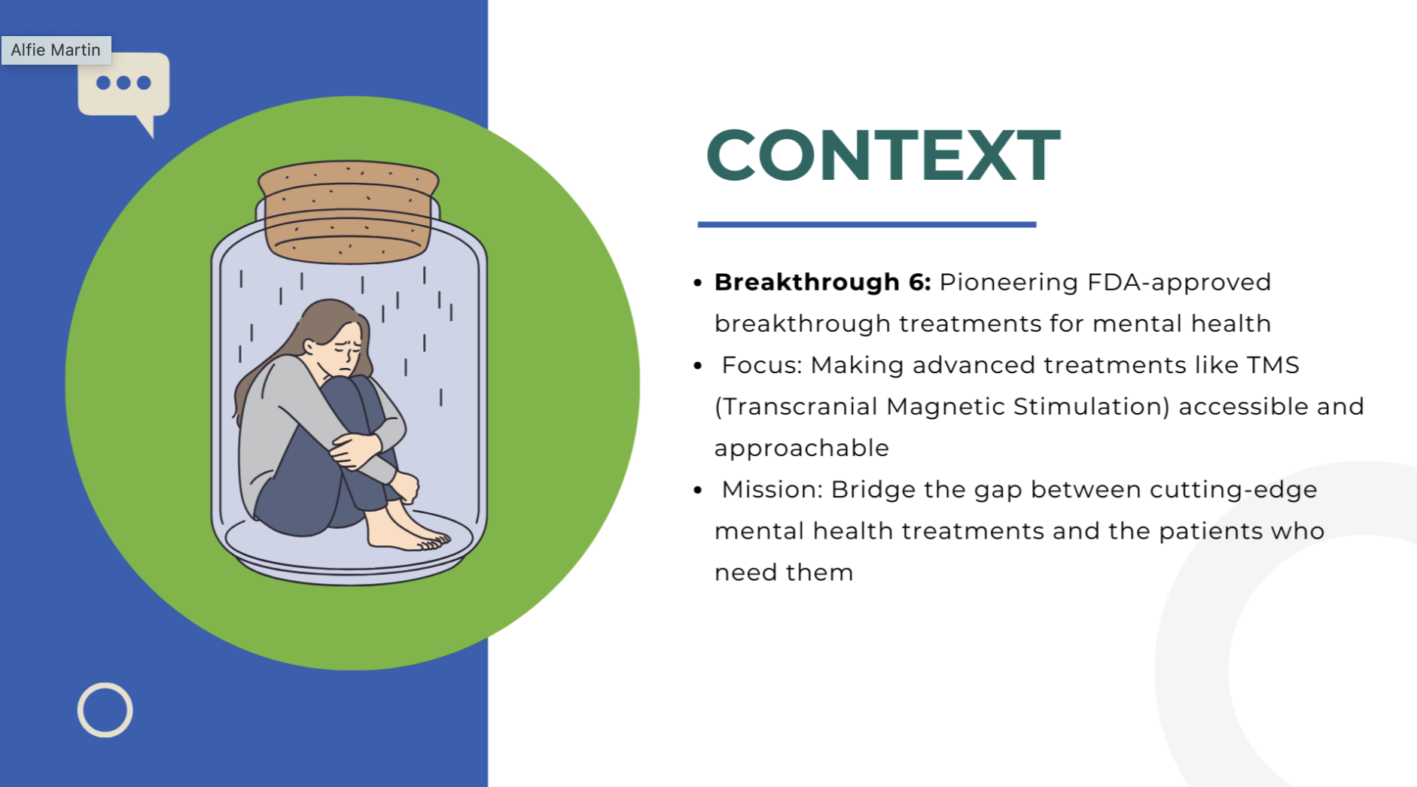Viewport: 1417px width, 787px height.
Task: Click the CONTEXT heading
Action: tap(882, 155)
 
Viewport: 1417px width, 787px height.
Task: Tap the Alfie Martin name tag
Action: tap(56, 50)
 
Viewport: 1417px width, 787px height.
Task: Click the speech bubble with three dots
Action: tap(124, 84)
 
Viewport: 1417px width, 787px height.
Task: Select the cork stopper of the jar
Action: tap(348, 211)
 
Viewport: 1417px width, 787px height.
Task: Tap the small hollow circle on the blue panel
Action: tap(105, 710)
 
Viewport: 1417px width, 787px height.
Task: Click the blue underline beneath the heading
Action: tap(867, 224)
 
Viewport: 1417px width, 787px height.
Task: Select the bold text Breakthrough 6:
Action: tap(822, 282)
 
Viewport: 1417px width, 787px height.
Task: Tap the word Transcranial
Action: tap(795, 406)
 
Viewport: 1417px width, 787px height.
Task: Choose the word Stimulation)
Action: tap(1091, 406)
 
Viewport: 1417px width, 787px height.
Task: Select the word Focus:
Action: tap(761, 365)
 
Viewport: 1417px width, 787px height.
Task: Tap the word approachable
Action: tap(801, 448)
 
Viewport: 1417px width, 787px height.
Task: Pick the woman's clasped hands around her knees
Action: tap(354, 450)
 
